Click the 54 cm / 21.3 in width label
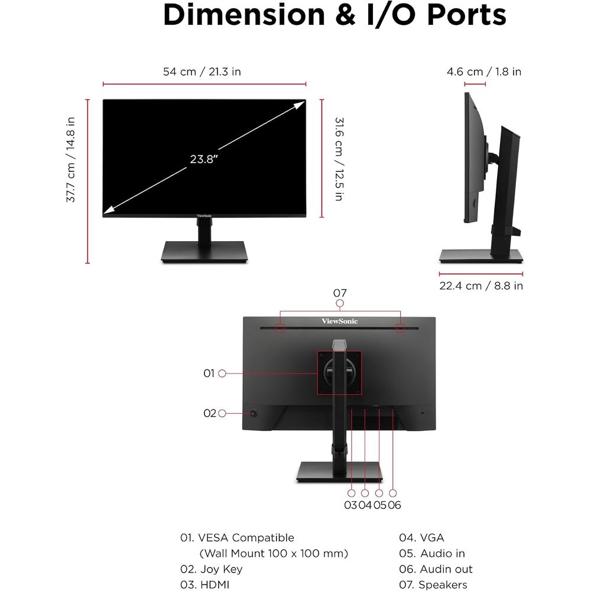tap(202, 72)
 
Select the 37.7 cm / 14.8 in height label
tap(70, 160)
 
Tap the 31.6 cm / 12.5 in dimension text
tap(339, 159)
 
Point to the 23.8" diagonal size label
tap(204, 159)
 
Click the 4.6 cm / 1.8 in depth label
tap(484, 72)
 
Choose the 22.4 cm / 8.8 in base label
tap(481, 285)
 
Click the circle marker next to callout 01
tap(222, 373)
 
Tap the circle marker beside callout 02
tap(222, 413)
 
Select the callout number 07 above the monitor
tap(340, 293)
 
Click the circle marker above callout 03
tap(351, 493)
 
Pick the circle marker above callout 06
tap(393, 493)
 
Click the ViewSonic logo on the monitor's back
tap(340, 321)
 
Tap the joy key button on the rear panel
tap(254, 414)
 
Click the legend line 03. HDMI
tap(204, 584)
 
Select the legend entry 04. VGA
tap(421, 537)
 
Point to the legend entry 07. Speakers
tap(433, 584)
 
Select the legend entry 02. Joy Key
tap(211, 569)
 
